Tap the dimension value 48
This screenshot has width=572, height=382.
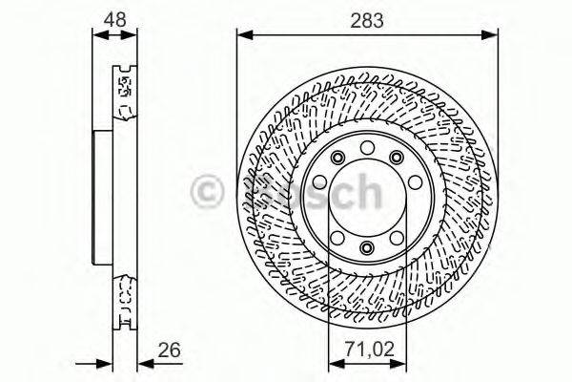click(x=113, y=17)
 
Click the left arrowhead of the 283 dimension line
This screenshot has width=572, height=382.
click(x=242, y=36)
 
